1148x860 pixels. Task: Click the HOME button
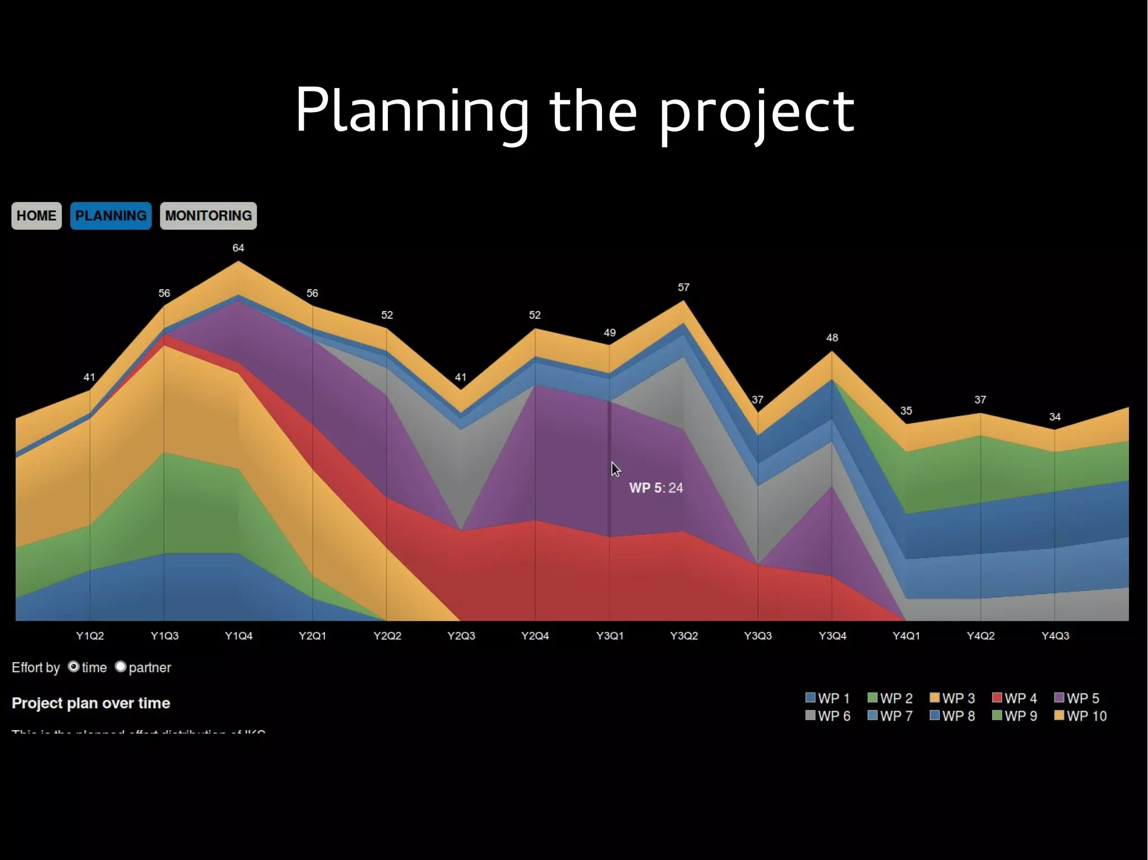point(36,216)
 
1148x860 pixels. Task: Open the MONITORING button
point(208,216)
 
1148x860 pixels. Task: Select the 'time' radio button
point(73,667)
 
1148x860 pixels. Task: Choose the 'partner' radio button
point(121,667)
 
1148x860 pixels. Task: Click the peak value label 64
point(238,248)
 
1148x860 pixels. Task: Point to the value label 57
point(683,287)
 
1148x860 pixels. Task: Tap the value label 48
point(832,338)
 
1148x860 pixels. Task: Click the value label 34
point(1055,417)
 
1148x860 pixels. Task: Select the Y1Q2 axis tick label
point(90,636)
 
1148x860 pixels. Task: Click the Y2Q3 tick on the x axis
point(461,636)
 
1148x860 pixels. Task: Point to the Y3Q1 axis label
point(610,636)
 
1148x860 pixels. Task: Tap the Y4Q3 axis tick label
point(1055,636)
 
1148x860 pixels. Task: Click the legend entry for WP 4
point(1015,698)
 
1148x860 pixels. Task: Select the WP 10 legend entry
point(1081,716)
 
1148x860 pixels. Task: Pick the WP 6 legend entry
point(828,716)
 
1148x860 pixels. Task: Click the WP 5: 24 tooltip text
point(656,488)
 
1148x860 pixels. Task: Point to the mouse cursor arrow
point(615,469)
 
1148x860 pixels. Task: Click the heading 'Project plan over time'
point(91,703)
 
